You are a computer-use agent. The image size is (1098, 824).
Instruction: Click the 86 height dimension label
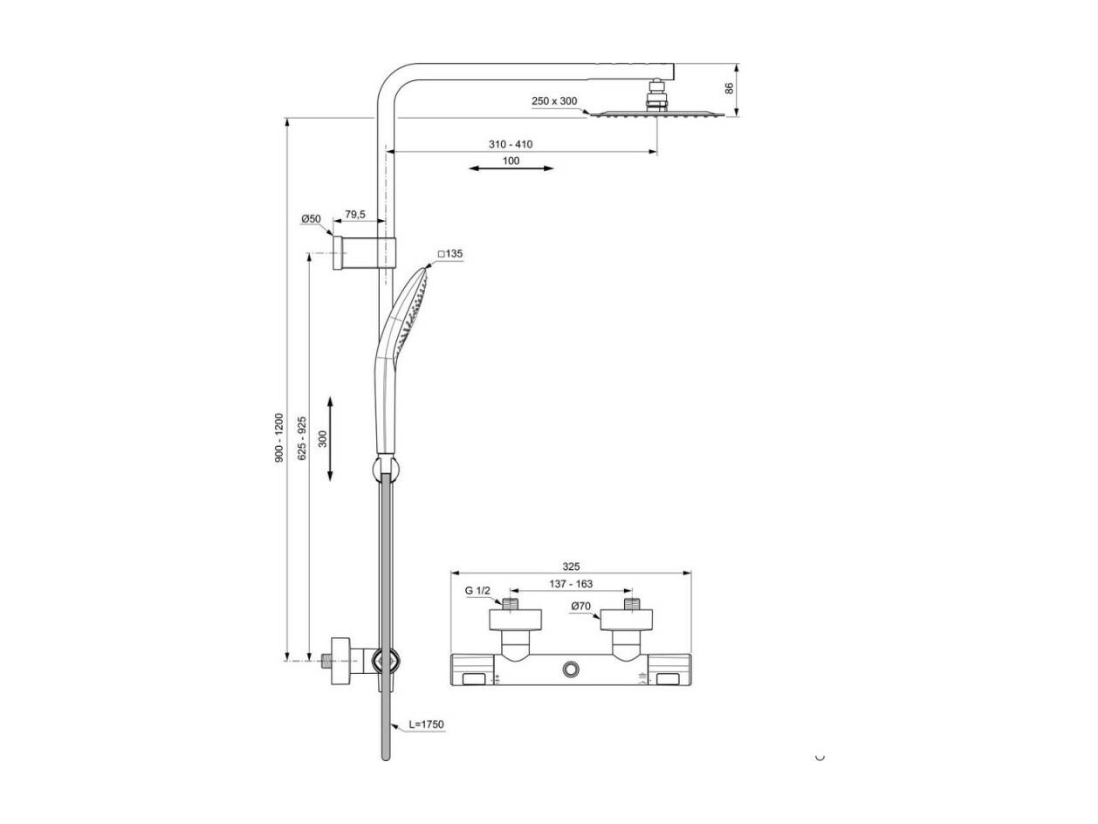tap(729, 88)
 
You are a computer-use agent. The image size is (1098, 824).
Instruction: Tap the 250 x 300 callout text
tap(553, 101)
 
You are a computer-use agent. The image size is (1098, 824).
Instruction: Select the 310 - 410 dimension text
tap(511, 144)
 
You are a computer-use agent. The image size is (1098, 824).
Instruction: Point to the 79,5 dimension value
tap(355, 214)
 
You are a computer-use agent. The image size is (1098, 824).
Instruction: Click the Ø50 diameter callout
tap(311, 218)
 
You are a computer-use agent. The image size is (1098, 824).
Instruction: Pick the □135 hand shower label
tap(450, 254)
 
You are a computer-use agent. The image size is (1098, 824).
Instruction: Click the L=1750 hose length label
tap(426, 724)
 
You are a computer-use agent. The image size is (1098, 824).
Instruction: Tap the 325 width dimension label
tap(571, 566)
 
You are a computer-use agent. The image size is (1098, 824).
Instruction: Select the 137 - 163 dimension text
tap(571, 584)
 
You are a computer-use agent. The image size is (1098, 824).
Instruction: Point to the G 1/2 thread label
tap(477, 590)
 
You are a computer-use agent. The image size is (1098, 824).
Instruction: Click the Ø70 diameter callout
tap(580, 606)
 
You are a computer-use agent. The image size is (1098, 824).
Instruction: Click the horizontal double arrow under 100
tap(511, 168)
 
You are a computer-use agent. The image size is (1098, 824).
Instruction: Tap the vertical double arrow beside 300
tap(330, 439)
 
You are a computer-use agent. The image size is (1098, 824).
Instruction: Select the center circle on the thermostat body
tap(571, 669)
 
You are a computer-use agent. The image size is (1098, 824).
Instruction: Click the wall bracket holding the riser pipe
tap(364, 252)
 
